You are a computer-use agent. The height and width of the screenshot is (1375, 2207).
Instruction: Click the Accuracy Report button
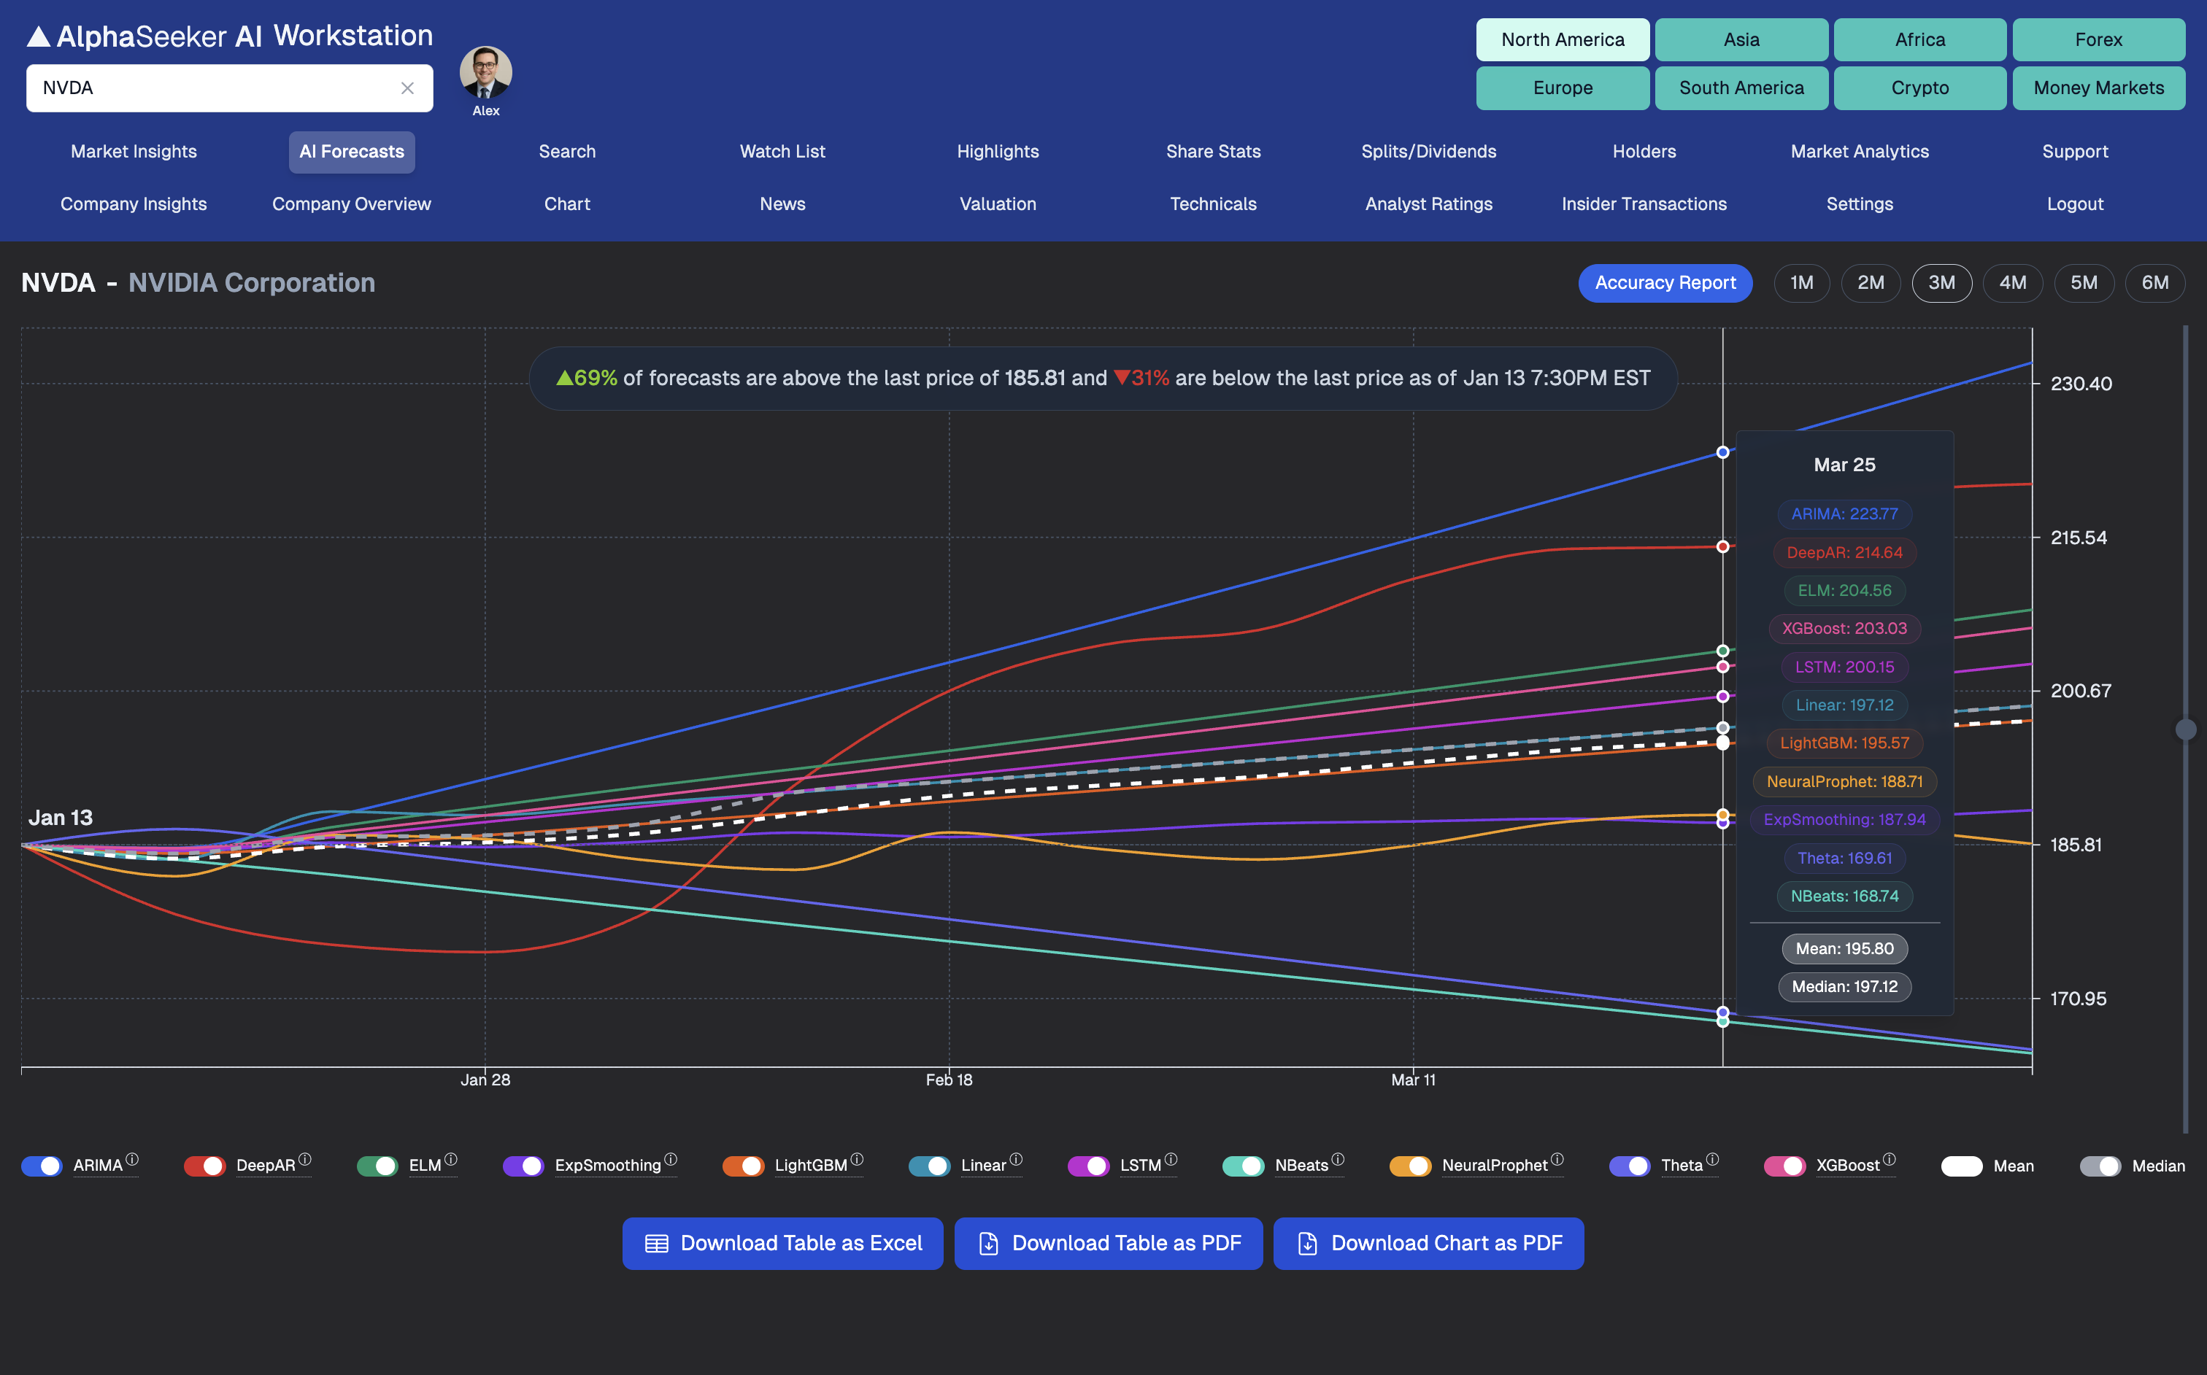[1665, 283]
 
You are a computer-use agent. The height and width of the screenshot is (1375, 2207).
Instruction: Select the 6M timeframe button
[2154, 283]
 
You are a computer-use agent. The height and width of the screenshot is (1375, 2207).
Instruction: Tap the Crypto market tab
[1919, 88]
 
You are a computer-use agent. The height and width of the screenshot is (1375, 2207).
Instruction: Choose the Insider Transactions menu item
[1643, 204]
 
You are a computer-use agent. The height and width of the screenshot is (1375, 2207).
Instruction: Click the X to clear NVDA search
[407, 88]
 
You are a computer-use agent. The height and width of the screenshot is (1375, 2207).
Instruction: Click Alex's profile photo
[486, 73]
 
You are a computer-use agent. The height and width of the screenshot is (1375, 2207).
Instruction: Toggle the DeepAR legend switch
[204, 1166]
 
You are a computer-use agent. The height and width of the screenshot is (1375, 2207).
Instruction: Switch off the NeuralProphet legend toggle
[1410, 1166]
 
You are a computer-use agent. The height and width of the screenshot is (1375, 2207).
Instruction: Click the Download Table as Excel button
[782, 1243]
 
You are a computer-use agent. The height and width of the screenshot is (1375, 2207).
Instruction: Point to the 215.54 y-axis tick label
[2078, 538]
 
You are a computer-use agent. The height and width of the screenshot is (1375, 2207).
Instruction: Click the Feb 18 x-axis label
[949, 1080]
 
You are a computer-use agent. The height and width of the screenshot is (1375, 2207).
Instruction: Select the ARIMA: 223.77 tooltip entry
[1844, 514]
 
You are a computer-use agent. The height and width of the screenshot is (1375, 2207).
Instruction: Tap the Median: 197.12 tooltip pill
[1844, 987]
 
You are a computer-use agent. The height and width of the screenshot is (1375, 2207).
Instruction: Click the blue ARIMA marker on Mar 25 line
[1722, 452]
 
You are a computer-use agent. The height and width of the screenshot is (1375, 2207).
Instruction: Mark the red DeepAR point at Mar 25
[1722, 546]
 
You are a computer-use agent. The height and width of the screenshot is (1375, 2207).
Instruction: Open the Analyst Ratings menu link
[1428, 204]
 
